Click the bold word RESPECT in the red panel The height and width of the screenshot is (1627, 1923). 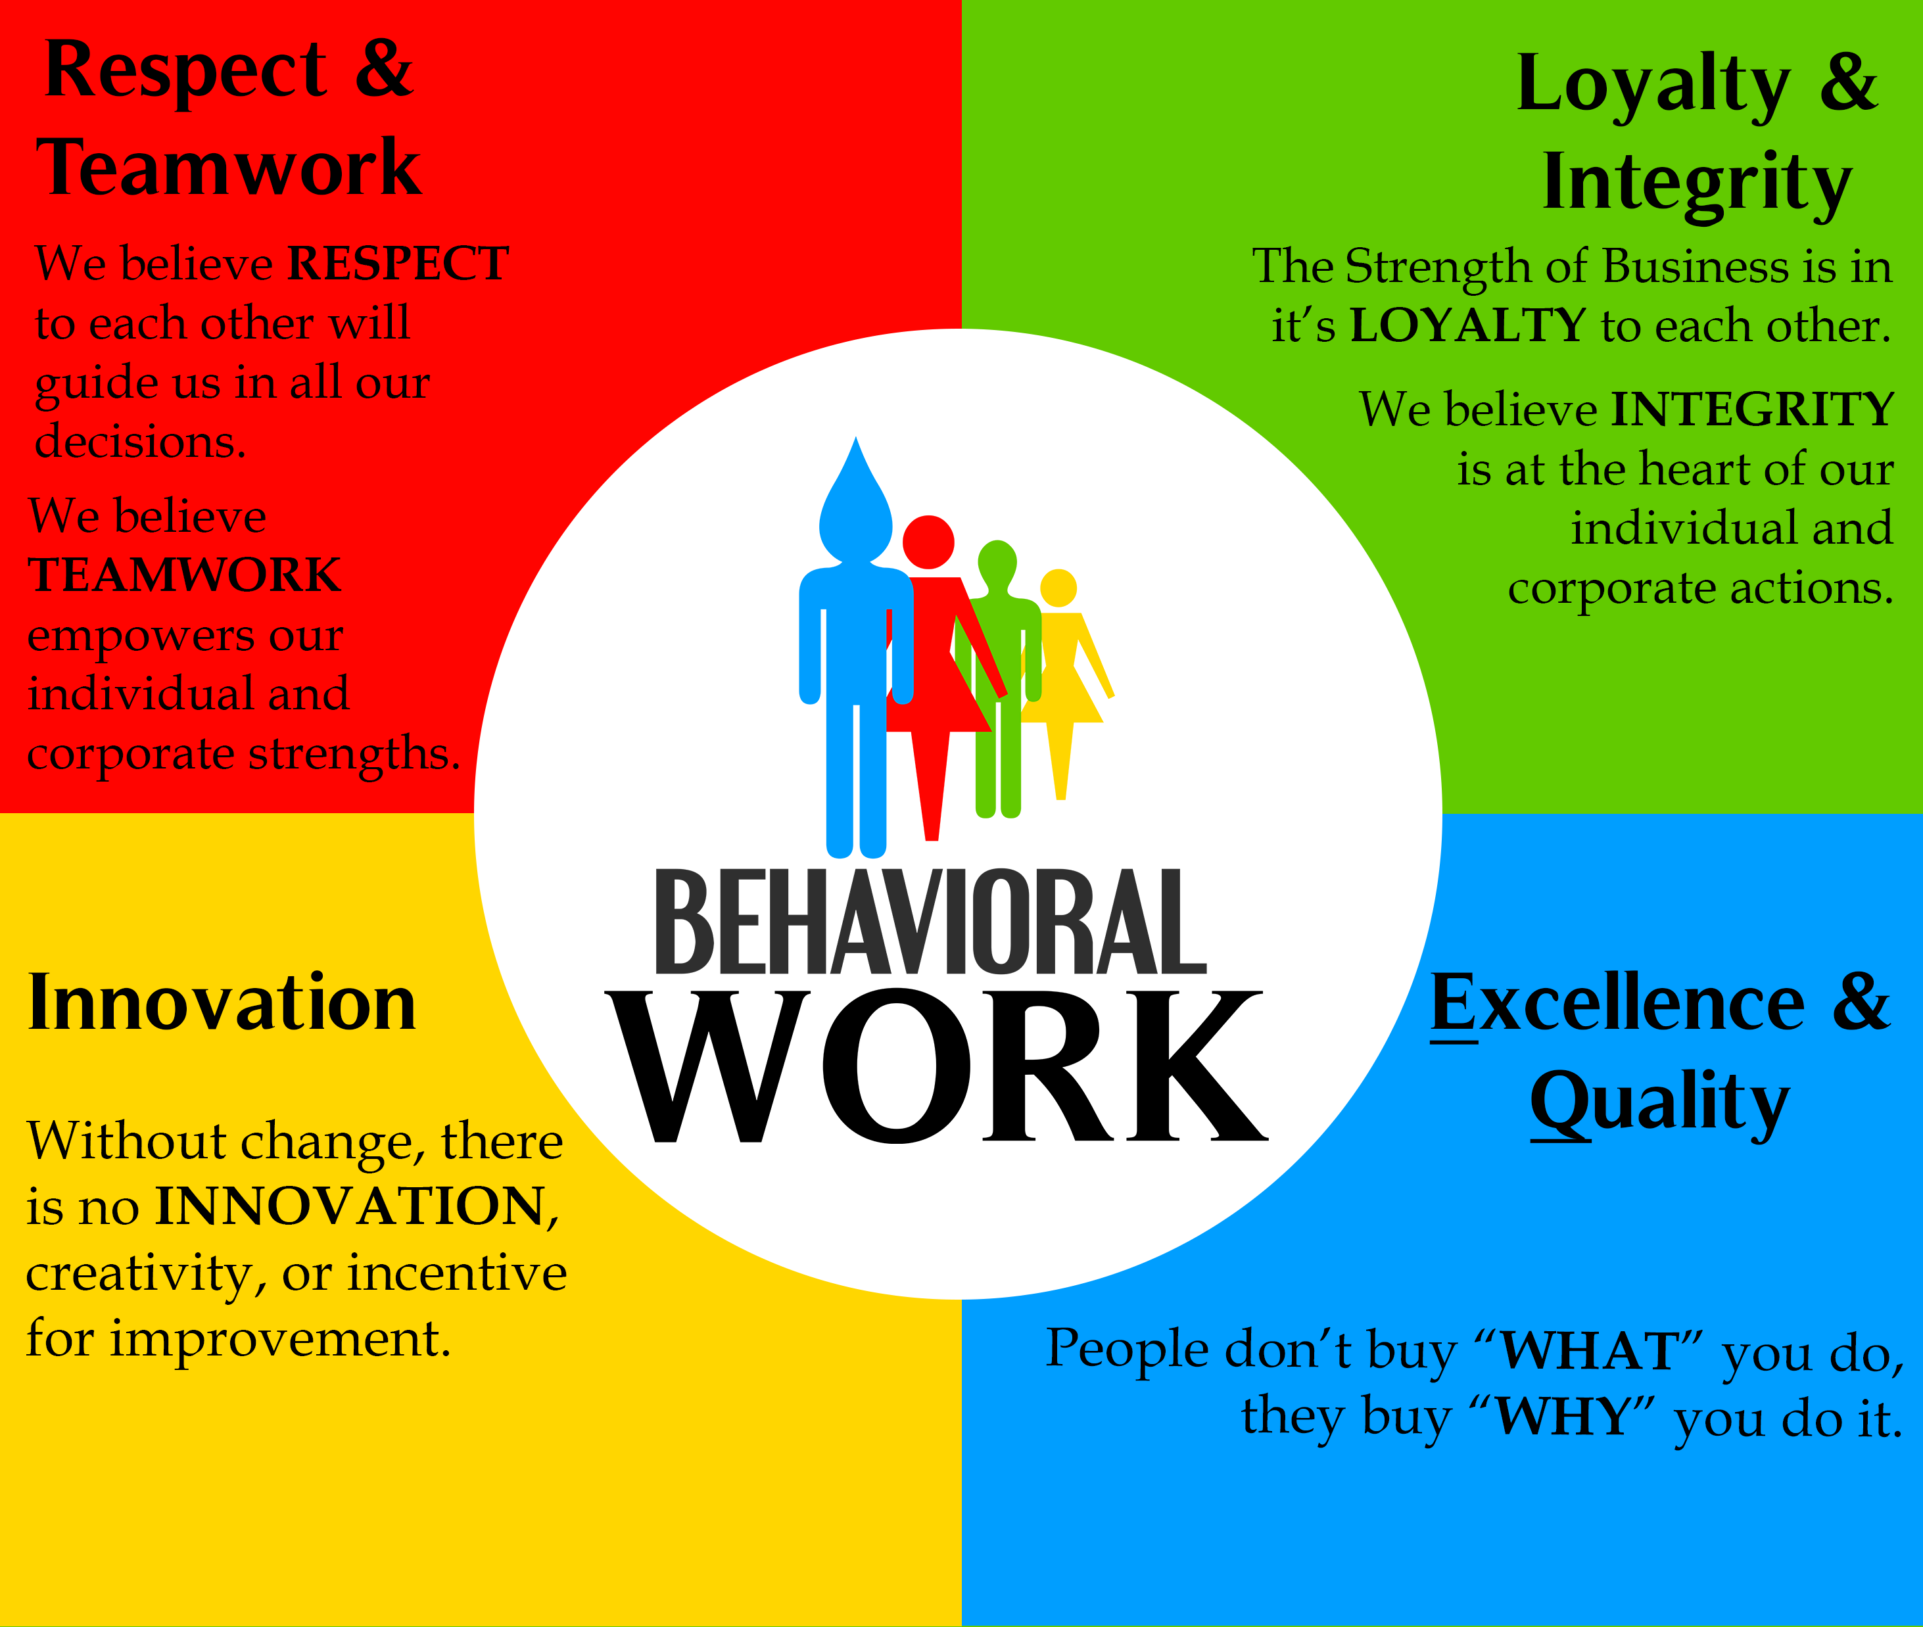click(398, 264)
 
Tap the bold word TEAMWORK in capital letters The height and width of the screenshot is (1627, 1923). click(185, 576)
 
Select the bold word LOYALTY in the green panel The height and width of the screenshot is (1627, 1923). click(1467, 325)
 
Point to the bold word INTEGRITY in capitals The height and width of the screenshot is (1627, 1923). click(1752, 410)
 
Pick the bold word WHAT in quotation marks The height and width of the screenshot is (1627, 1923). click(1588, 1351)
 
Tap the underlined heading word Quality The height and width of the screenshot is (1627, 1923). click(1660, 1103)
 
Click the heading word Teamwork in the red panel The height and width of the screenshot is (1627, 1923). click(229, 167)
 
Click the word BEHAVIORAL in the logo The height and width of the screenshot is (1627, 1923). click(931, 922)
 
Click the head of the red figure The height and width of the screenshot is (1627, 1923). click(928, 542)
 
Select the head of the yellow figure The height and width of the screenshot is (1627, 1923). click(1058, 588)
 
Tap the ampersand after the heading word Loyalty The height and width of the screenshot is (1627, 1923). click(1848, 83)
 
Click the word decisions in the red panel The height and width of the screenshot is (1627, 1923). click(140, 441)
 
